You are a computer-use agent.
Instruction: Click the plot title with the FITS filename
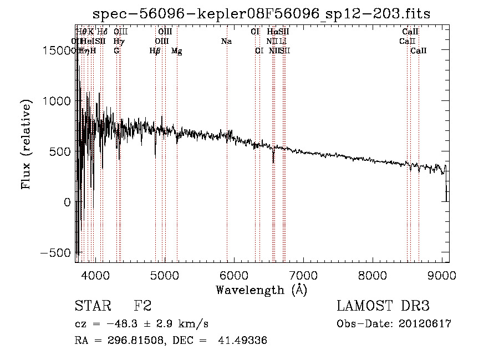(262, 13)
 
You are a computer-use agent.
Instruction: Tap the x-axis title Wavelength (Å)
(261, 290)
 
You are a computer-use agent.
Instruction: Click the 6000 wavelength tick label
(233, 275)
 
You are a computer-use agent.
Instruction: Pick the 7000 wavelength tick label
(303, 275)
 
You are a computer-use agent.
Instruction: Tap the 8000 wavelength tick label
(373, 275)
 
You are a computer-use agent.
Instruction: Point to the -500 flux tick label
(55, 253)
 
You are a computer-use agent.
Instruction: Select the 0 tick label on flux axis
(67, 202)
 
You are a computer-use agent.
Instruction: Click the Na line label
(226, 41)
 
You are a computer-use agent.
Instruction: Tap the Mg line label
(176, 50)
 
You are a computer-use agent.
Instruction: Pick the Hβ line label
(155, 50)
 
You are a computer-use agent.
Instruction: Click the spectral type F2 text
(142, 306)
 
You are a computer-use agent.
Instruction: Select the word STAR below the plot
(90, 306)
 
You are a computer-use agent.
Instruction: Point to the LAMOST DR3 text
(383, 306)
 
